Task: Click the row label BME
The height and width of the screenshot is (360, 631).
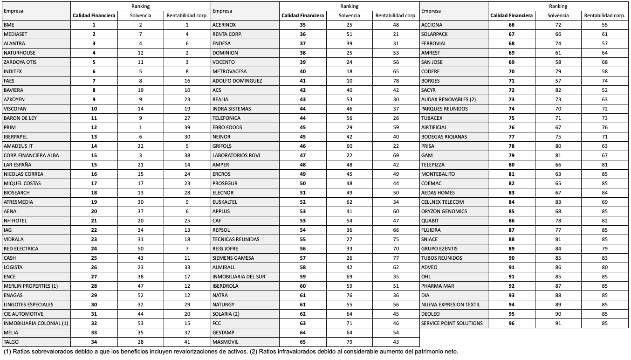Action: pos(9,25)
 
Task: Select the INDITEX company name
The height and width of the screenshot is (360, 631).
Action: pos(13,71)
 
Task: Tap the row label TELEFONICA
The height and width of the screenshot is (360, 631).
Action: pos(226,118)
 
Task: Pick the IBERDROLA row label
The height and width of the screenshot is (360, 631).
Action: pos(225,286)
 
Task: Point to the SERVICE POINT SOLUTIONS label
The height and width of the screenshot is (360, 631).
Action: pos(452,323)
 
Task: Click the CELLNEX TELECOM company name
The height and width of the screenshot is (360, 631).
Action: pos(442,202)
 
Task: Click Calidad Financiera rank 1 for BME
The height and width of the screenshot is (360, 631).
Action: pos(94,25)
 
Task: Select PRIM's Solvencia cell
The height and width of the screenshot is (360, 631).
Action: pos(140,127)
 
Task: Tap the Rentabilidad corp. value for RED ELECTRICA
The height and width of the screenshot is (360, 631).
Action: pos(187,249)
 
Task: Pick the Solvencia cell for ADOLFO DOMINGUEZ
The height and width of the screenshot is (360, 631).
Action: pos(349,81)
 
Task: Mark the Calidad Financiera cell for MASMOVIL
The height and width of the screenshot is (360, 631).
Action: pos(302,342)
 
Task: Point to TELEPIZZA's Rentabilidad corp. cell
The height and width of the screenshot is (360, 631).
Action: pos(604,165)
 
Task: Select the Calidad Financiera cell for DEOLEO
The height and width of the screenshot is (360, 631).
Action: pos(511,314)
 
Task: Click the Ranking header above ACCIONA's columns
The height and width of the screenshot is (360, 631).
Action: pos(558,7)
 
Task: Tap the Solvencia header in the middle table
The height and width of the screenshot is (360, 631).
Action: pos(349,15)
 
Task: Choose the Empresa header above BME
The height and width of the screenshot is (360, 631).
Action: pos(13,11)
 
